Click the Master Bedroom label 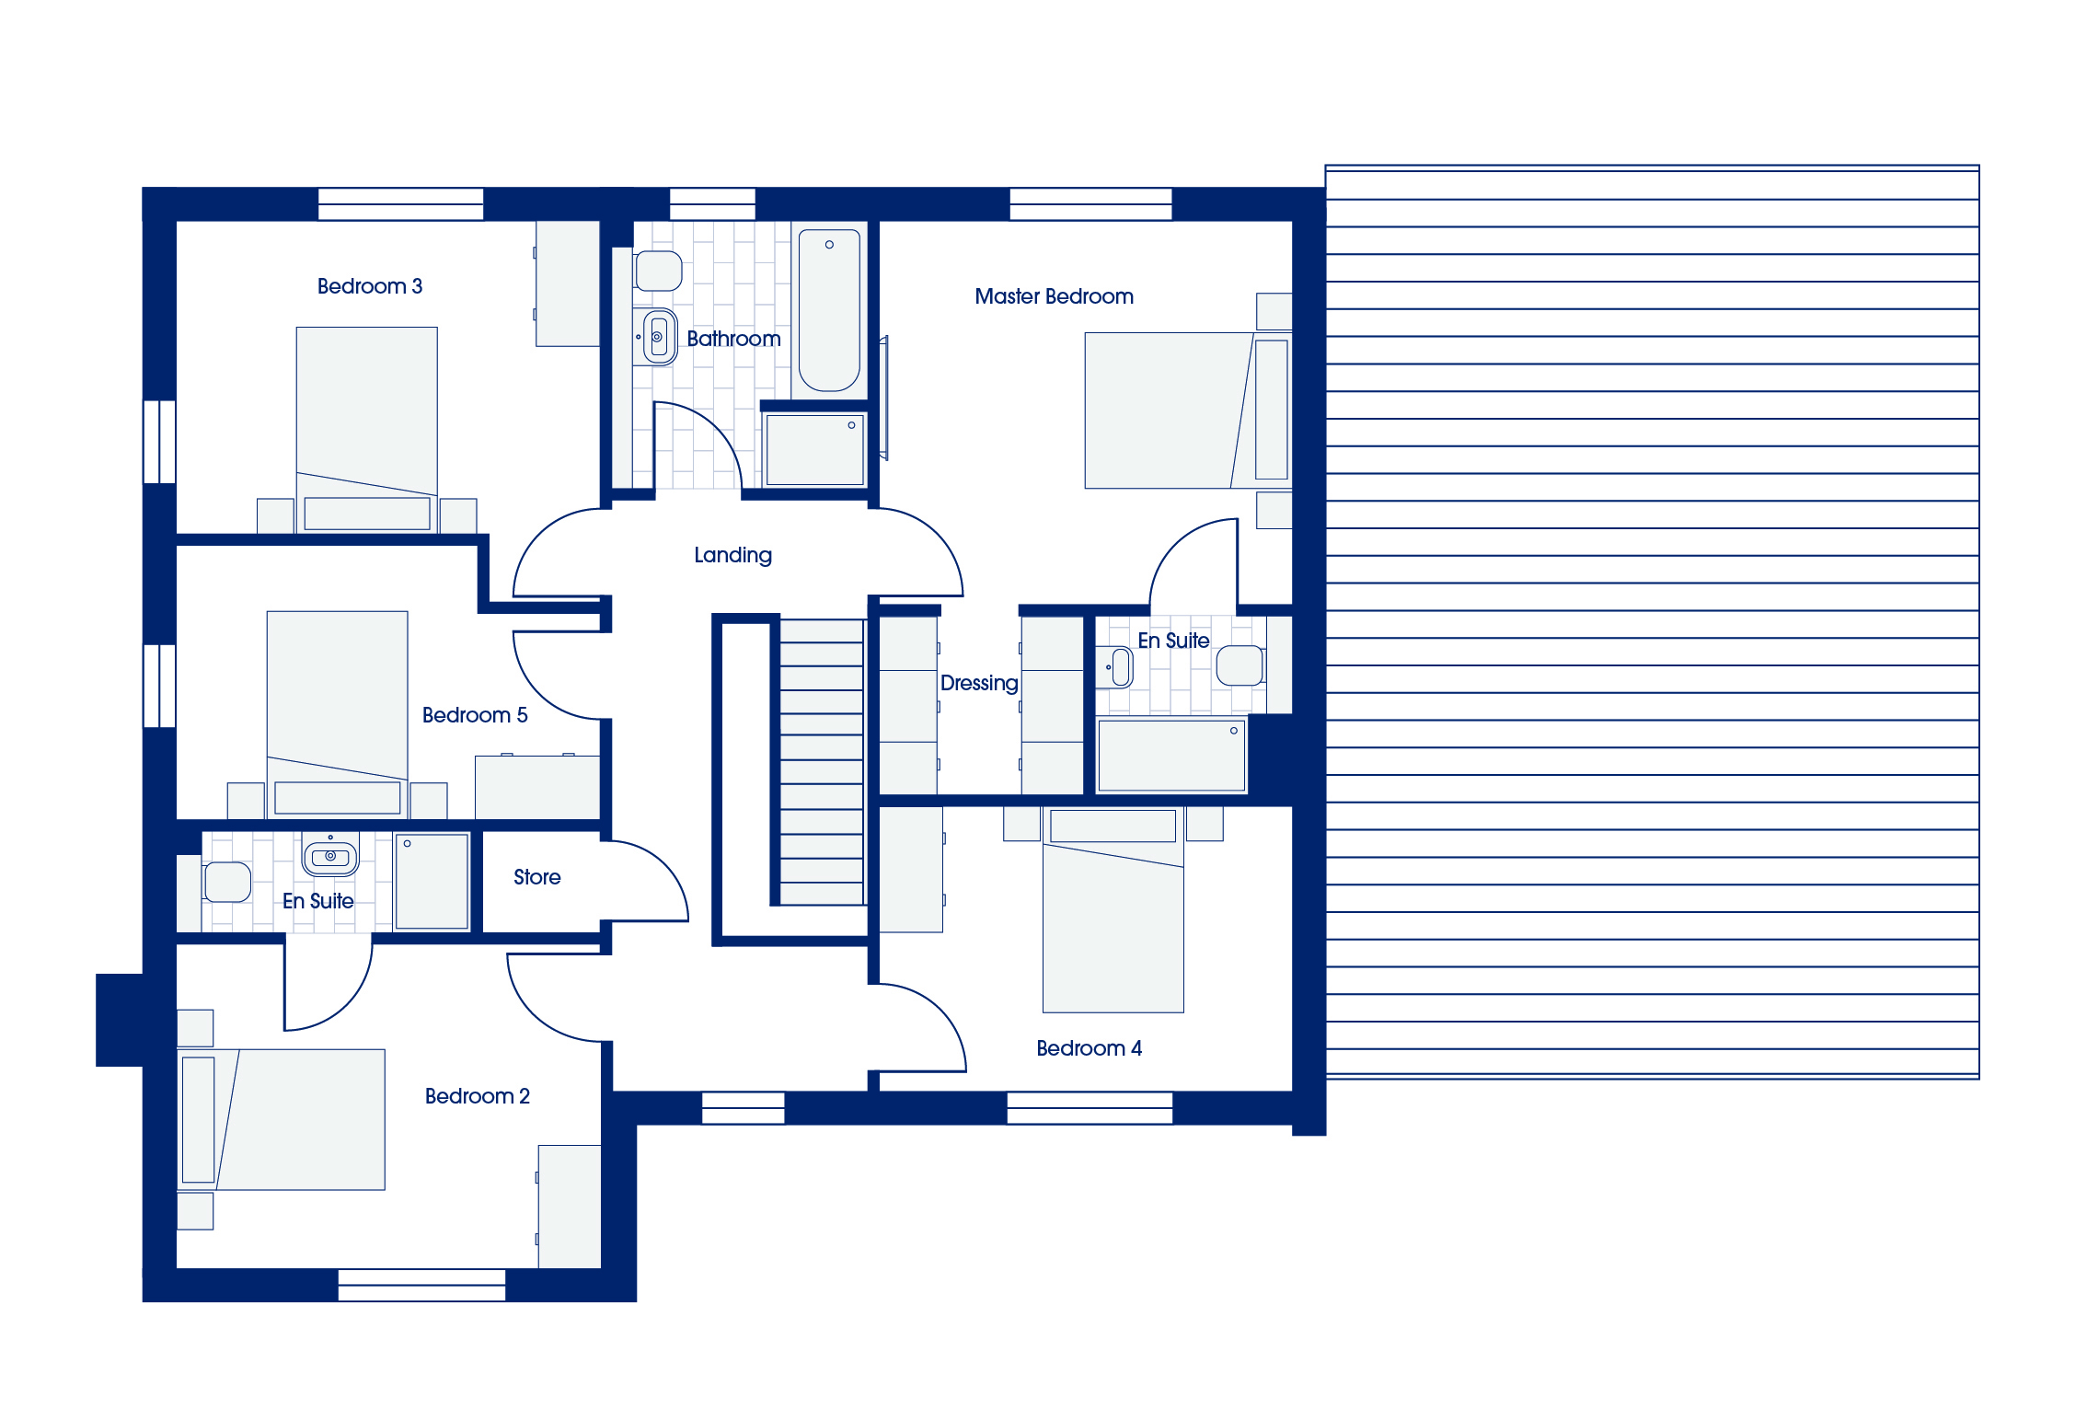pyautogui.click(x=1054, y=296)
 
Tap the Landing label pyautogui.click(x=732, y=555)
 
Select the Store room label pyautogui.click(x=537, y=877)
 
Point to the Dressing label pyautogui.click(x=979, y=683)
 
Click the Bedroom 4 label pyautogui.click(x=1089, y=1048)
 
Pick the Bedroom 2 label pyautogui.click(x=477, y=1096)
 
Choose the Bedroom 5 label pyautogui.click(x=475, y=715)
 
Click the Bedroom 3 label pyautogui.click(x=370, y=286)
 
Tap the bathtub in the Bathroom pyautogui.click(x=829, y=311)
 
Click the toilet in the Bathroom pyautogui.click(x=658, y=271)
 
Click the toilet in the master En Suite pyautogui.click(x=1240, y=665)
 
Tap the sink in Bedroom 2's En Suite pyautogui.click(x=330, y=855)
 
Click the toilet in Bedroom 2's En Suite pyautogui.click(x=226, y=882)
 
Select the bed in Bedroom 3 pyautogui.click(x=366, y=429)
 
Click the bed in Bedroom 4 pyautogui.click(x=1113, y=911)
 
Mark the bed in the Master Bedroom pyautogui.click(x=1188, y=410)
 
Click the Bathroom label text pyautogui.click(x=733, y=339)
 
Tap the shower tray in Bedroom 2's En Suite pyautogui.click(x=432, y=882)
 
